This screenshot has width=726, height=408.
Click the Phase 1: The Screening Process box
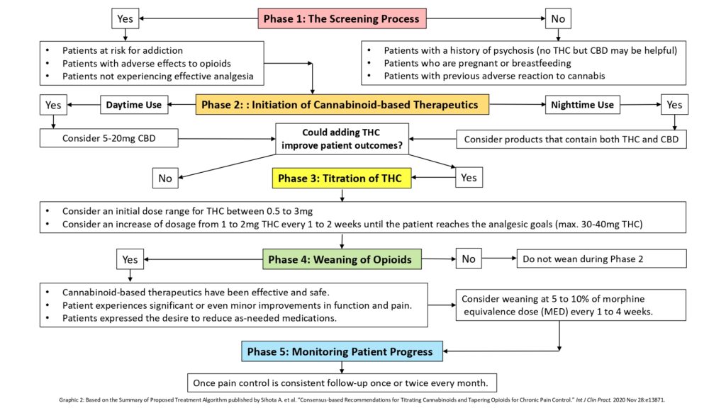point(342,18)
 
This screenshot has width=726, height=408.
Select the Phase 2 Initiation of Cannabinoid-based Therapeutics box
point(342,105)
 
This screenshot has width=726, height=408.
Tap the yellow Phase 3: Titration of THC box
point(342,178)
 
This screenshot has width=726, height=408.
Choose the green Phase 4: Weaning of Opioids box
point(340,259)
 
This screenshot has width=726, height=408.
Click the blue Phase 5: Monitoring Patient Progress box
point(342,351)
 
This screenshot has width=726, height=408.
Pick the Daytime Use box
point(133,105)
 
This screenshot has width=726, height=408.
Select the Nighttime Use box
point(582,105)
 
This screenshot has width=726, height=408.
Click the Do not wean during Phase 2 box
point(601,259)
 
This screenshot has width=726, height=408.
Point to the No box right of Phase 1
point(557,18)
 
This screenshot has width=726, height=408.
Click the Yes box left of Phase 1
point(125,18)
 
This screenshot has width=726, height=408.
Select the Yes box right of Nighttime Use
point(674,105)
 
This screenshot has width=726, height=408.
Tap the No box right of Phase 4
point(469,259)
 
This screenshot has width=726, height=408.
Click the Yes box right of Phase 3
point(469,178)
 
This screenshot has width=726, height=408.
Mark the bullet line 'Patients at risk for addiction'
point(122,50)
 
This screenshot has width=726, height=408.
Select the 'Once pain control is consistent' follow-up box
point(342,383)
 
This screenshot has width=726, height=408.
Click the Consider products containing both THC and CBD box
point(571,139)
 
